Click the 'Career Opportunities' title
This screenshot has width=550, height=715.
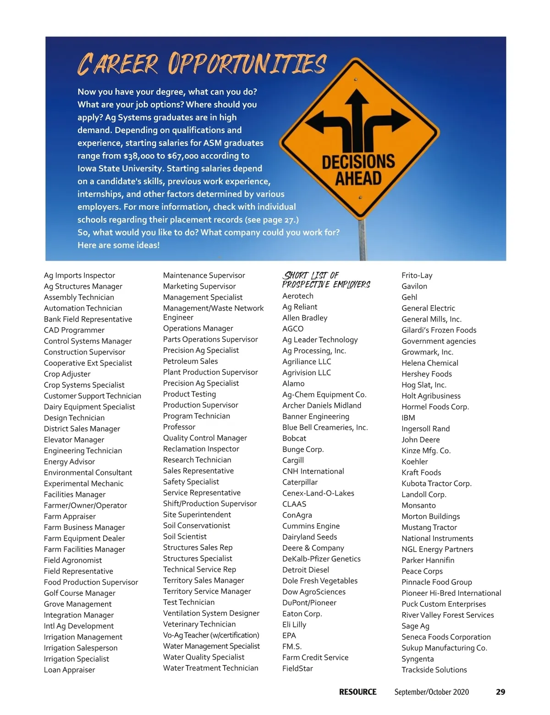(x=202, y=64)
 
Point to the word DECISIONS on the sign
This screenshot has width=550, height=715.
(x=358, y=162)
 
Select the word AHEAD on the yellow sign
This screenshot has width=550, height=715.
(x=358, y=179)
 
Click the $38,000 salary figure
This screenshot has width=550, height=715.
(x=138, y=156)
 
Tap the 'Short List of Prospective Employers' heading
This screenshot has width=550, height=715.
(x=326, y=279)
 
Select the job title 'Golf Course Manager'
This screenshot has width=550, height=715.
(x=80, y=593)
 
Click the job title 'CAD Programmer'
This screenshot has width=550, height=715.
(x=74, y=330)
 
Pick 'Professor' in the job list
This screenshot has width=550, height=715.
(x=179, y=427)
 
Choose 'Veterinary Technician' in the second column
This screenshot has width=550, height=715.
(x=199, y=624)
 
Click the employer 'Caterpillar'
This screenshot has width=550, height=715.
(x=300, y=482)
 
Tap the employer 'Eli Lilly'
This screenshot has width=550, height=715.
(x=294, y=625)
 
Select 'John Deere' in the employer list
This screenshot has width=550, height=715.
(x=420, y=440)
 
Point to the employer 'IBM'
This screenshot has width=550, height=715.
(x=408, y=418)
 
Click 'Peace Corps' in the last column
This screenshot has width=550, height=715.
(x=422, y=571)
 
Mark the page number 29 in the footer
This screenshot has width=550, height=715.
(x=500, y=692)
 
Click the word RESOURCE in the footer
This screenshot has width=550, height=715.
(x=357, y=692)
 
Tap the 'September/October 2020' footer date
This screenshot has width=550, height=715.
(x=431, y=692)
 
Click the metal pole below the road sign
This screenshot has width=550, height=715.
(x=363, y=241)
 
